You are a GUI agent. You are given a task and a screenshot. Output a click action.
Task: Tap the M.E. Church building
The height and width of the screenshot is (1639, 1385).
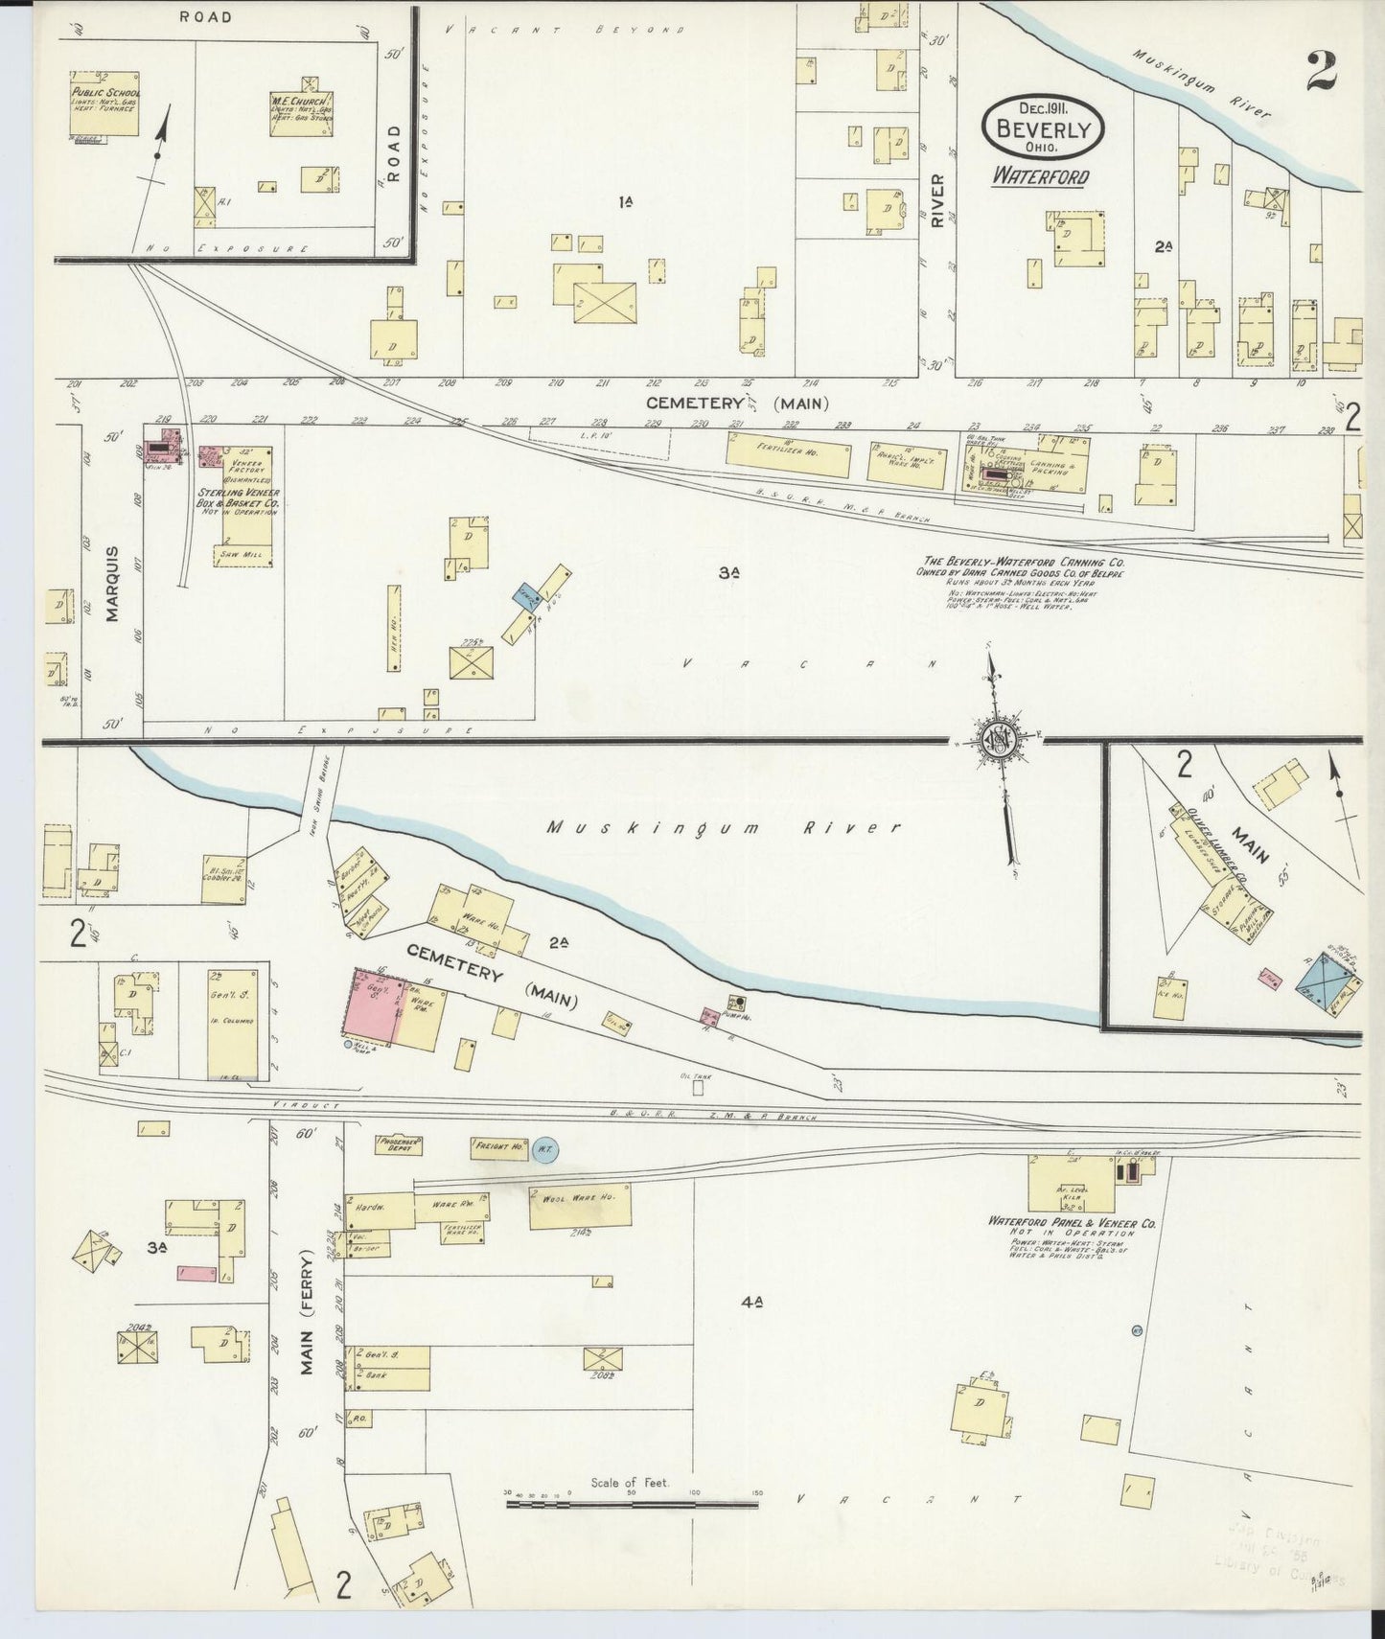301,114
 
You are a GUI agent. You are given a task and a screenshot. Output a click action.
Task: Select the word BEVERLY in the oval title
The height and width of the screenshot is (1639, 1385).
1043,128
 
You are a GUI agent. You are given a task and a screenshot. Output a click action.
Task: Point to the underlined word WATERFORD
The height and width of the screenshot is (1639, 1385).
1040,176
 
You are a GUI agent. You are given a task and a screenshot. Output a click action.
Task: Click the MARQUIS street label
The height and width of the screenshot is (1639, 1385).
113,584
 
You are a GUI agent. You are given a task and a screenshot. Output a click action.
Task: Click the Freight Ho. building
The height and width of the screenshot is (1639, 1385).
497,1145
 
